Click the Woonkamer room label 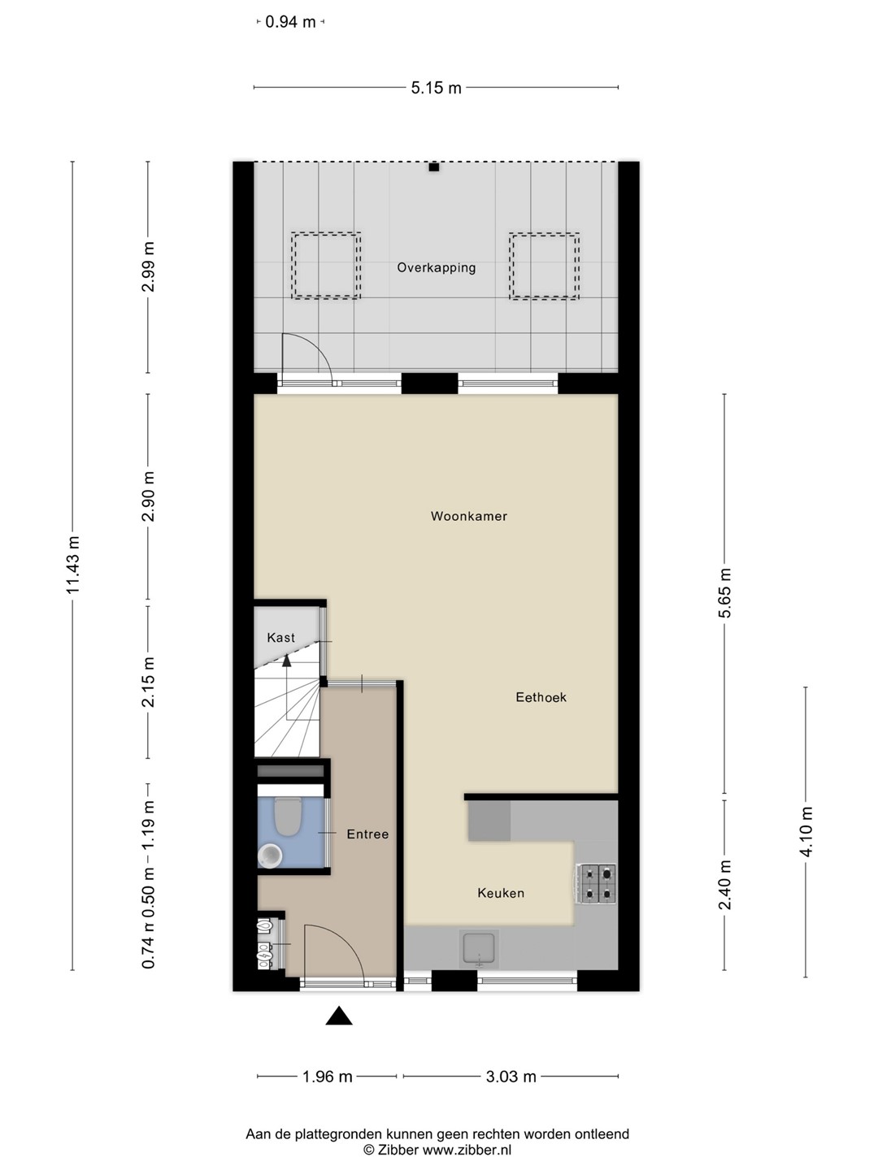(468, 516)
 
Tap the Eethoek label (541, 697)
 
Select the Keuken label (501, 893)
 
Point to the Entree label (367, 834)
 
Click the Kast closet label (281, 638)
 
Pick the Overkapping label (436, 267)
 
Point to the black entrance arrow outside (339, 1016)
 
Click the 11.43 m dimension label (73, 565)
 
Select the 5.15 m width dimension (436, 88)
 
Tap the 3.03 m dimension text (511, 1077)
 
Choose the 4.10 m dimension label (806, 831)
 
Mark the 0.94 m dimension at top (290, 22)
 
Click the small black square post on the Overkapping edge (434, 167)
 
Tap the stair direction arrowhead (287, 661)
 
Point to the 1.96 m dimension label (328, 1077)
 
